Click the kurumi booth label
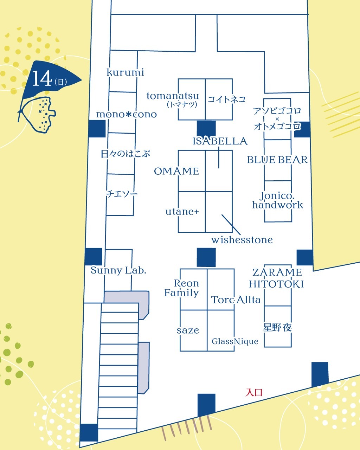click(x=125, y=72)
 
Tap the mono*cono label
click(x=127, y=114)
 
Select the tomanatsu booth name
click(x=173, y=96)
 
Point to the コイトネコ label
click(x=226, y=99)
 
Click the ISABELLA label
click(x=220, y=141)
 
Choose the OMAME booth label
click(x=176, y=172)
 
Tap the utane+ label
click(x=182, y=212)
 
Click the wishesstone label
click(x=242, y=240)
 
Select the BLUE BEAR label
click(x=277, y=160)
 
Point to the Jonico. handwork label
click(x=278, y=200)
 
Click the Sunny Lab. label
click(x=118, y=270)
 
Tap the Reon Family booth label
click(x=181, y=288)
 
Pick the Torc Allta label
click(x=236, y=300)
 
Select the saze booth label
click(x=188, y=330)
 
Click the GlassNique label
click(x=235, y=341)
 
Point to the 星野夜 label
click(x=277, y=327)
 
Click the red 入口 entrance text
click(x=254, y=392)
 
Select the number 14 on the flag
click(x=42, y=78)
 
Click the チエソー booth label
click(x=122, y=194)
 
